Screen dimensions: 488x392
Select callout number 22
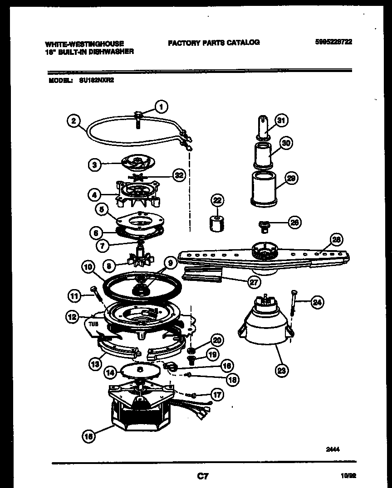[x=217, y=200]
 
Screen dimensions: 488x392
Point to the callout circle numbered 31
[x=282, y=121]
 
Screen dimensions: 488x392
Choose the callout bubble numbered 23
[x=282, y=370]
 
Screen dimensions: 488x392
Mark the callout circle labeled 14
[x=110, y=372]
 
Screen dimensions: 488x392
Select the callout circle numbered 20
[x=217, y=340]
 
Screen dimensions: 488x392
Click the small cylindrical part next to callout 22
[x=216, y=224]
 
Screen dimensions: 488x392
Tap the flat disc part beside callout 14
[x=139, y=370]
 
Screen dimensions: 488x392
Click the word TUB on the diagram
[x=93, y=324]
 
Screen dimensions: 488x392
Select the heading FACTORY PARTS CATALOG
[x=214, y=43]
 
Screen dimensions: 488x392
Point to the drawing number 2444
[x=333, y=449]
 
